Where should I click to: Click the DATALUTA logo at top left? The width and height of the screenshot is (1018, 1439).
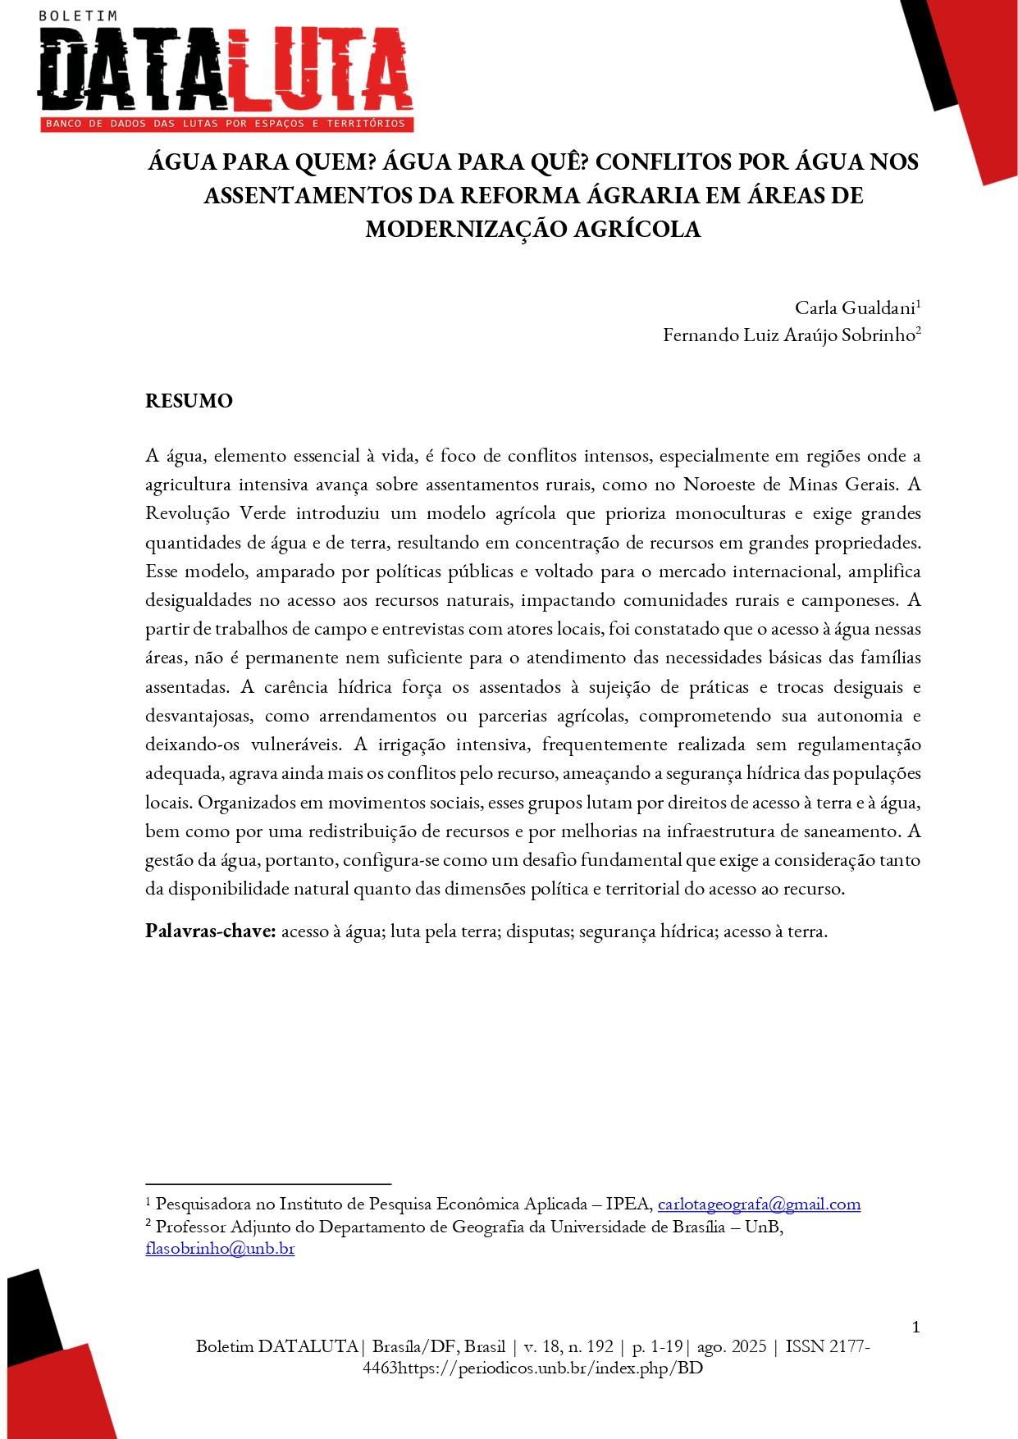tap(225, 72)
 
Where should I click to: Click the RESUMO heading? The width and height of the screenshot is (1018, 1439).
tap(189, 401)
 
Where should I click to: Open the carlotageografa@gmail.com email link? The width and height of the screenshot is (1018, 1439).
tap(759, 1204)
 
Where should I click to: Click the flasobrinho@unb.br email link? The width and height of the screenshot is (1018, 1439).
tap(220, 1249)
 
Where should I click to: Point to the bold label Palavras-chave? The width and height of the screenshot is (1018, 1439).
tap(210, 931)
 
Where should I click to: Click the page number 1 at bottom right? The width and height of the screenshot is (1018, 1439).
tap(915, 1327)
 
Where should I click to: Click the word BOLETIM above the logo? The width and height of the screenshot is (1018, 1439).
tap(78, 16)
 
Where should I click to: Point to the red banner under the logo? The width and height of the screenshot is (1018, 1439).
tap(226, 124)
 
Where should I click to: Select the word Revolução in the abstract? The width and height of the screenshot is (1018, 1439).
tap(187, 513)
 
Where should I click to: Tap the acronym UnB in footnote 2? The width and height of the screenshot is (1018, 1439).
tap(762, 1227)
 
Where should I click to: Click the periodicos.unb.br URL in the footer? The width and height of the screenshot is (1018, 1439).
tap(550, 1368)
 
